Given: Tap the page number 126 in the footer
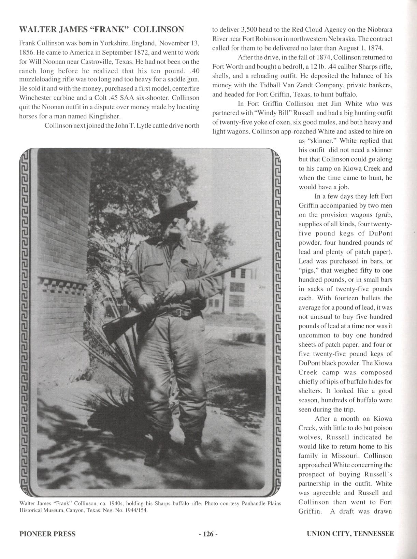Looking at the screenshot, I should point(208,534).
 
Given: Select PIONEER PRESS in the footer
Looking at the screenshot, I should point(47,534).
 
